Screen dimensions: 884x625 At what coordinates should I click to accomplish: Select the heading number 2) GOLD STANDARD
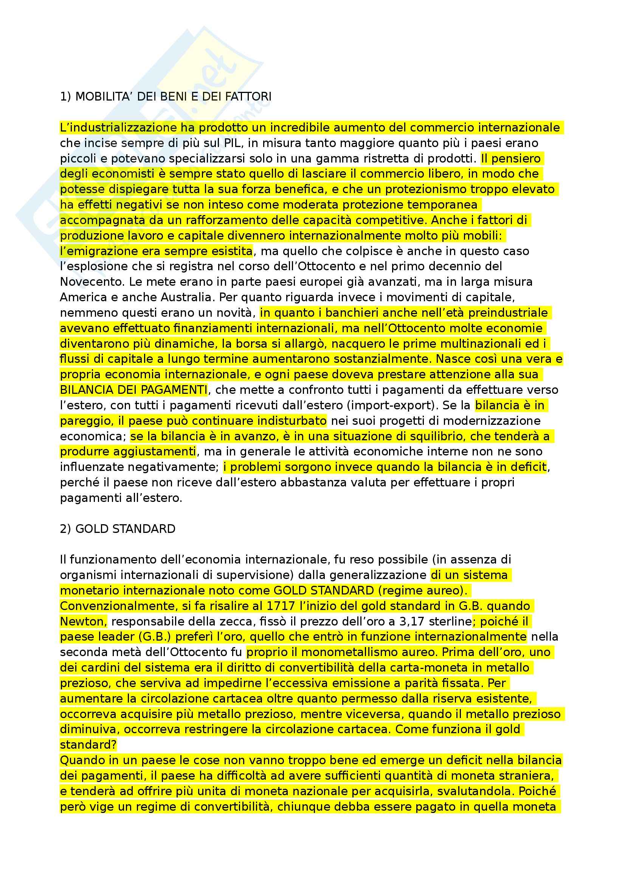pyautogui.click(x=118, y=529)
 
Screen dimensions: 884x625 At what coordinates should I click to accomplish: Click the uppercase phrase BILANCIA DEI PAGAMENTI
pyautogui.click(x=133, y=390)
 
